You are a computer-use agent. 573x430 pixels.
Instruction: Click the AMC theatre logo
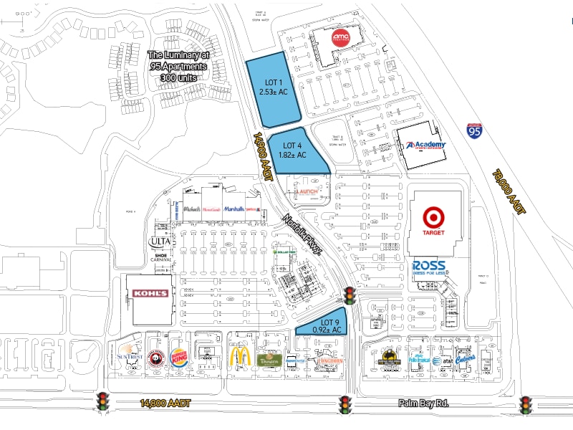pyautogui.click(x=340, y=37)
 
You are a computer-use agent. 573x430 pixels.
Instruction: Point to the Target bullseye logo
pyautogui.click(x=433, y=218)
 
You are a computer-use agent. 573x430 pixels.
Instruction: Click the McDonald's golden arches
pyautogui.click(x=239, y=355)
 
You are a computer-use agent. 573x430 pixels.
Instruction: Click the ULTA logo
pyautogui.click(x=159, y=242)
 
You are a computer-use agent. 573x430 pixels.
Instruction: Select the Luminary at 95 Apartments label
pyautogui.click(x=178, y=66)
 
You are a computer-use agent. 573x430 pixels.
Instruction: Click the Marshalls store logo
pyautogui.click(x=234, y=209)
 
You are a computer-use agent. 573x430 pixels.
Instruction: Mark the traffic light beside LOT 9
pyautogui.click(x=350, y=295)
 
